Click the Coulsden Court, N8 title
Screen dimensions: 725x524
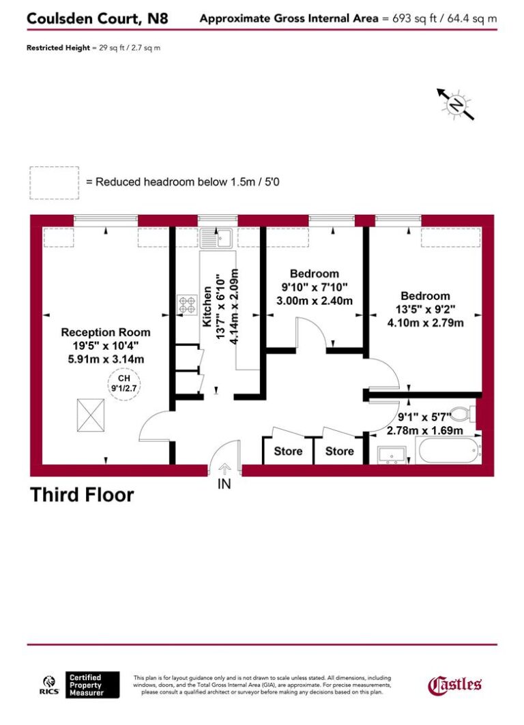(106, 18)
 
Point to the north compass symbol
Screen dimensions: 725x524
(456, 104)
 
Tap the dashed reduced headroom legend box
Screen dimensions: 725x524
(55, 183)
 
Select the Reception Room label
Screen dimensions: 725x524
(106, 332)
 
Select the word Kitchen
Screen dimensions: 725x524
(207, 307)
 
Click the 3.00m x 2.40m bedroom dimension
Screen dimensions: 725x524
(314, 301)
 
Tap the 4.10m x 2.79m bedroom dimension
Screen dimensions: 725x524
(425, 322)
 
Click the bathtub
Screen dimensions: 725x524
(448, 452)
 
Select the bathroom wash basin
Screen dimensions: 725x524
(391, 455)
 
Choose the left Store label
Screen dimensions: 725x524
(288, 451)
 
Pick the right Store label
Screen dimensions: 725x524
(339, 451)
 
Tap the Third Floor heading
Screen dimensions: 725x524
(82, 494)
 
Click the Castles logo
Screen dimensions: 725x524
(455, 684)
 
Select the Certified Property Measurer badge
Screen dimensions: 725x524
(93, 685)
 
